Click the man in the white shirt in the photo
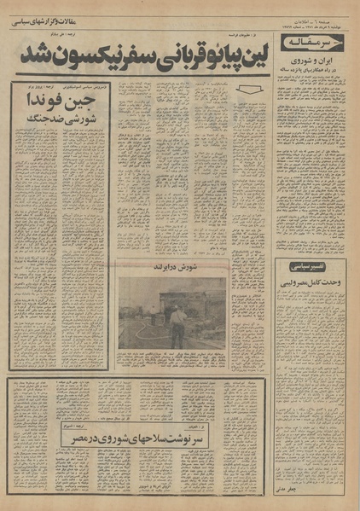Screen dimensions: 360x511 coord(177,325)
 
